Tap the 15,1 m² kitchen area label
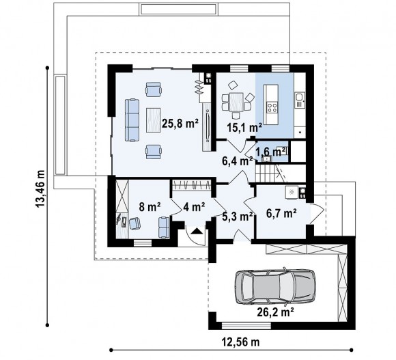[244, 128]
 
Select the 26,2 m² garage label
[275, 312]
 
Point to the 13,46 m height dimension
[40, 189]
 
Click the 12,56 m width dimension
[240, 342]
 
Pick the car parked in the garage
[275, 286]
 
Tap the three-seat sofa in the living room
[132, 120]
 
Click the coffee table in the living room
[154, 120]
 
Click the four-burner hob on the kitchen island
[272, 107]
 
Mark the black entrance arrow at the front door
[197, 231]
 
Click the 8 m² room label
[150, 207]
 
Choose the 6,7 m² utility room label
[281, 214]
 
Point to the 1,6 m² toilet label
[271, 152]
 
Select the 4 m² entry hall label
[194, 207]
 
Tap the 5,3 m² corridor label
[238, 217]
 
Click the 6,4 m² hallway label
[237, 161]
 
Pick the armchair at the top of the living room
[154, 89]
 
